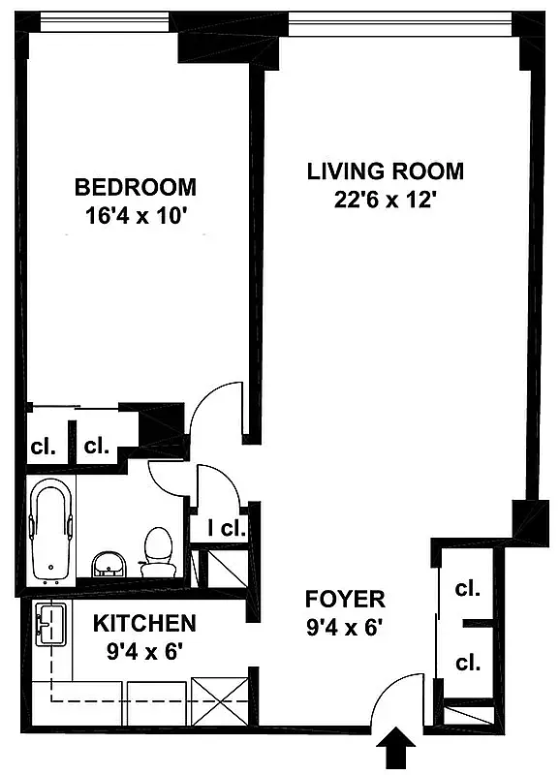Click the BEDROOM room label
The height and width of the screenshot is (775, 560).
[x=136, y=187]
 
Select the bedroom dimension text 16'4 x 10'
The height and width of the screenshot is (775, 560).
[x=136, y=216]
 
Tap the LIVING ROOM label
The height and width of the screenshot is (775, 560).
[x=385, y=171]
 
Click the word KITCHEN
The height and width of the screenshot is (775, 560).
[x=144, y=623]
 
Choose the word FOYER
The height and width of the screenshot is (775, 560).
[x=345, y=598]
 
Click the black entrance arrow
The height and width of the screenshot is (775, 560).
[x=397, y=752]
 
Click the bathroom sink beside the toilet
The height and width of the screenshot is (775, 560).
[x=108, y=563]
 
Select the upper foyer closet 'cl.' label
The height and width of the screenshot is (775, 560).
[x=467, y=588]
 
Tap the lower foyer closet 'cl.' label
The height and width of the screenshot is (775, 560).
[x=467, y=663]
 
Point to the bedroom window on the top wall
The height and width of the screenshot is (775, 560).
[x=97, y=20]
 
